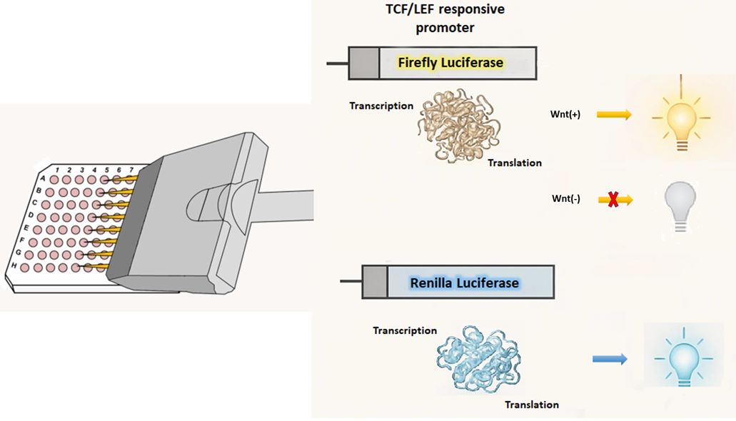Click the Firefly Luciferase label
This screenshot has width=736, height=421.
450,63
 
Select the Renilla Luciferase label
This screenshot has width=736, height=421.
464,283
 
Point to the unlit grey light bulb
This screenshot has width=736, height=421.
680,203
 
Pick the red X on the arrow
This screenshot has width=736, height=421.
612,200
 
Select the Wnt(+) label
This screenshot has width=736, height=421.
566,113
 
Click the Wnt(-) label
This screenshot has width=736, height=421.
566,199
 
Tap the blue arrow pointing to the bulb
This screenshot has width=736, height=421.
610,359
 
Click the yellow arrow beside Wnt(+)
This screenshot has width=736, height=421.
613,113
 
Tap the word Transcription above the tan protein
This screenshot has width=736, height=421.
381,106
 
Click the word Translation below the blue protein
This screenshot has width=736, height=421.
532,405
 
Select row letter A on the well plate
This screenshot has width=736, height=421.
43,178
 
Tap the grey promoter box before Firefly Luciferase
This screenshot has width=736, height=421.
363,63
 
